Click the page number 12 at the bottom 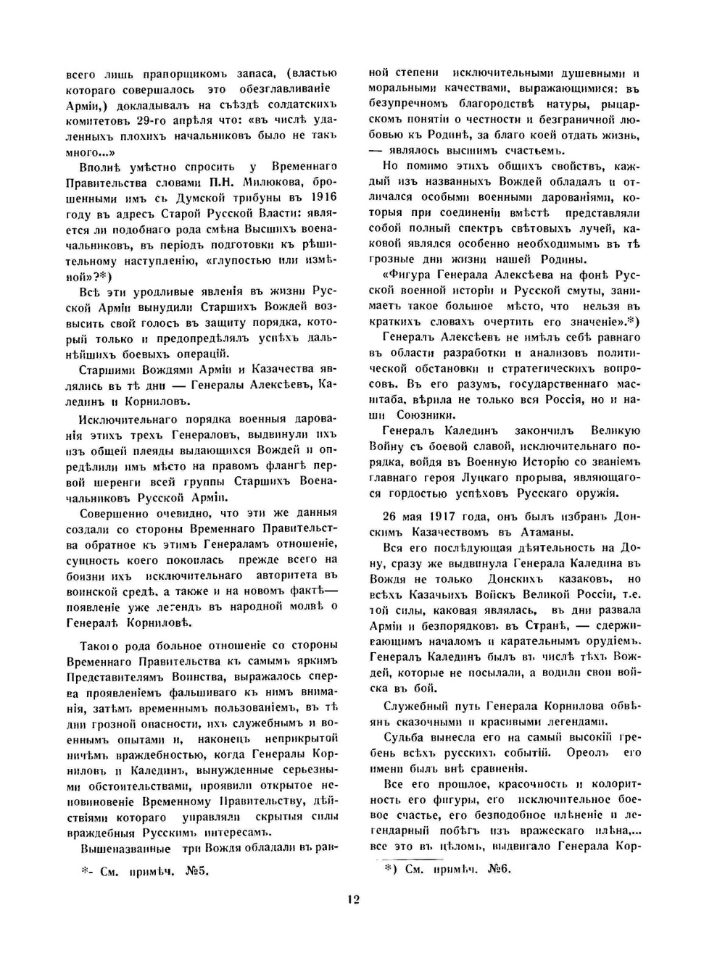pos(353,899)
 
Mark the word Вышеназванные pos(125,849)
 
